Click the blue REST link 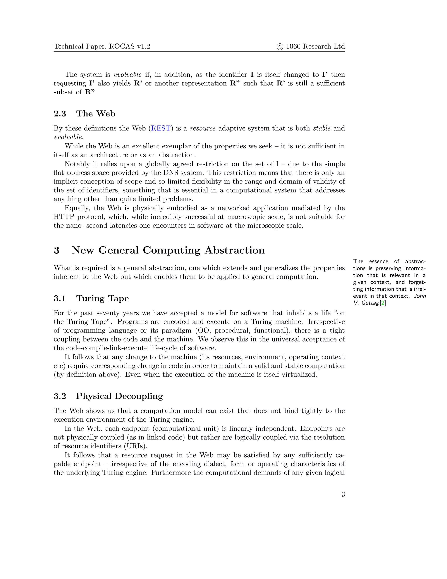tap(160, 128)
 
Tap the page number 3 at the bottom tap(343, 494)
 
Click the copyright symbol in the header tap(280, 47)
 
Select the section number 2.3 tap(60, 114)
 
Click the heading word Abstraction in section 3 tap(234, 250)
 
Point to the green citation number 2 tap(383, 303)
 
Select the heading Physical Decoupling tap(119, 396)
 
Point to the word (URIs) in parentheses tap(135, 446)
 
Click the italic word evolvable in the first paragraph tap(128, 75)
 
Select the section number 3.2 tap(60, 396)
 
